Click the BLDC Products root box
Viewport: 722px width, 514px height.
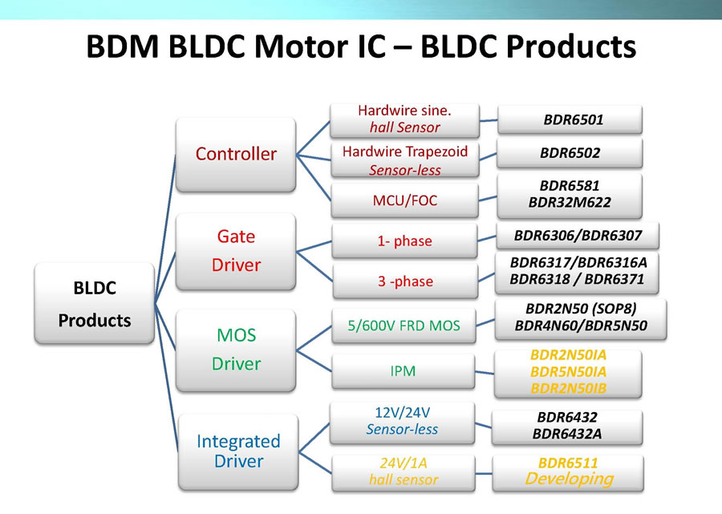[x=95, y=303]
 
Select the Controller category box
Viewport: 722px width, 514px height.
[x=236, y=154]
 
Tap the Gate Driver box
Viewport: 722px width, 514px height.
[x=236, y=251]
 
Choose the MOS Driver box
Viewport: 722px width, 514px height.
[x=236, y=350]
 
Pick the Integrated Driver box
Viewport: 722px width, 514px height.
[x=238, y=451]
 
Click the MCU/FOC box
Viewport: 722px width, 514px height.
[x=405, y=200]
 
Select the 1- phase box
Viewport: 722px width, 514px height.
[x=405, y=241]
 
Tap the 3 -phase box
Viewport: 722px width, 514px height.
[x=405, y=281]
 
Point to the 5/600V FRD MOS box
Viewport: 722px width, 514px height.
[x=404, y=326]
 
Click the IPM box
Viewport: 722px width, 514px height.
[x=403, y=371]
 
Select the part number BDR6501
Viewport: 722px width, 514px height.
[x=574, y=119]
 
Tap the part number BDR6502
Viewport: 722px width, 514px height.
[x=570, y=153]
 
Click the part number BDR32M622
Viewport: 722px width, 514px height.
[x=570, y=202]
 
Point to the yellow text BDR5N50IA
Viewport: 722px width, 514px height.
[x=568, y=372]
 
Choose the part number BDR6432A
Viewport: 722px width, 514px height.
[x=567, y=434]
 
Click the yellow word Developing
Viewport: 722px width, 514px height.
[x=569, y=479]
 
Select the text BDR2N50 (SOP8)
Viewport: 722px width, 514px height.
[x=581, y=309]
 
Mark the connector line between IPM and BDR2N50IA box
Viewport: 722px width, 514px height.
[x=485, y=372]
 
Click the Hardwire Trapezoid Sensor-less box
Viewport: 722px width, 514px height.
[x=405, y=160]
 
